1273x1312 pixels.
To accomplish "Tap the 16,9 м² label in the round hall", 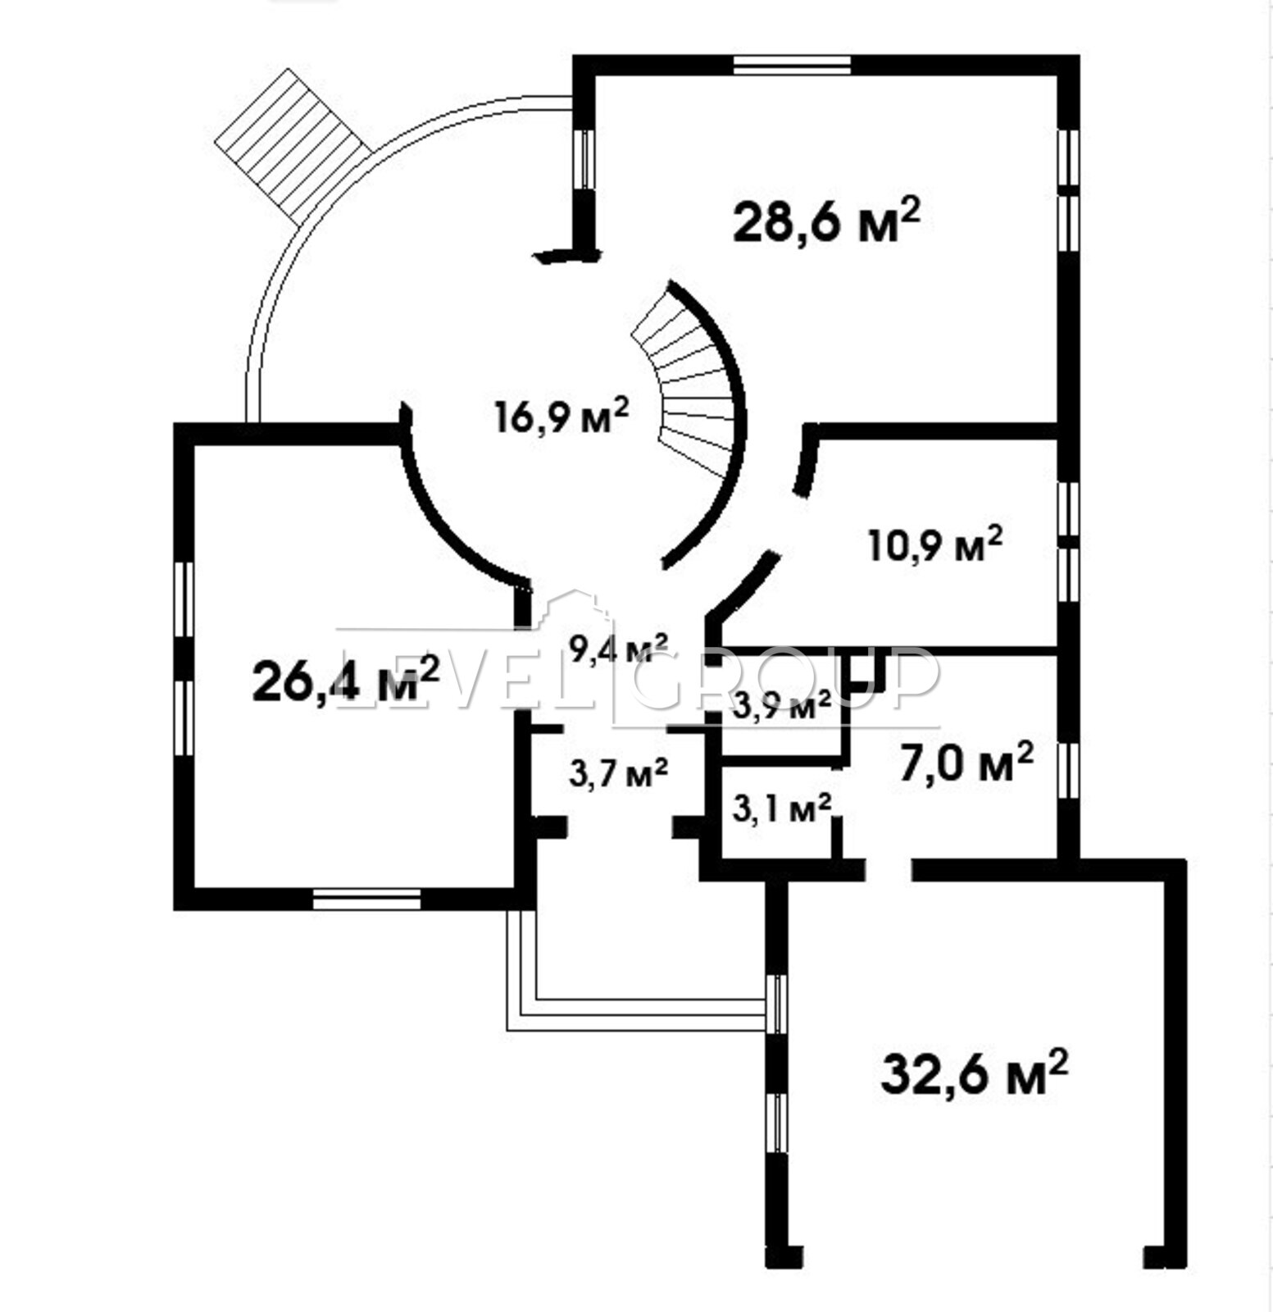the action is click(561, 416).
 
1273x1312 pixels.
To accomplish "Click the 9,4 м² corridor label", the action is click(619, 649).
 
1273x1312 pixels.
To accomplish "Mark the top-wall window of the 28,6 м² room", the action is click(792, 65).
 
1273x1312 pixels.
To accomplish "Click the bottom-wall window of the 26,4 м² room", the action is click(367, 900).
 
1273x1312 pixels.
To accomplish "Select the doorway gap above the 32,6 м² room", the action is click(889, 869).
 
